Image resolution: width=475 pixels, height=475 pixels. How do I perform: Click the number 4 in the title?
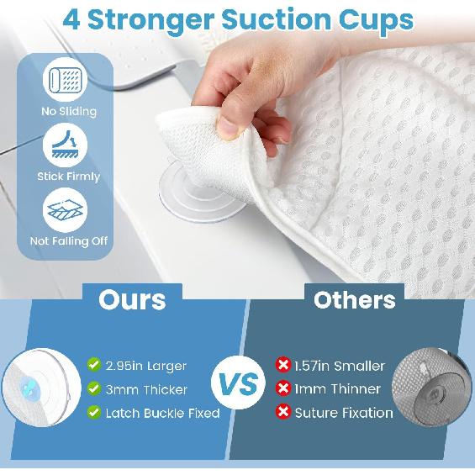73,19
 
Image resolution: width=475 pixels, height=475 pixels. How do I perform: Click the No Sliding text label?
68,111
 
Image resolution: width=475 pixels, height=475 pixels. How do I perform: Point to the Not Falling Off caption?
68,241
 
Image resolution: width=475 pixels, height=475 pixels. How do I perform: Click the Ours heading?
132,300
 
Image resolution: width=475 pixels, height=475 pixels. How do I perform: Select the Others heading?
355,300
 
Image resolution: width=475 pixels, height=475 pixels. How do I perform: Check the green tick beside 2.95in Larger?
95,365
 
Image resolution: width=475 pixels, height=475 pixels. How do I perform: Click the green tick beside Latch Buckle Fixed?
95,412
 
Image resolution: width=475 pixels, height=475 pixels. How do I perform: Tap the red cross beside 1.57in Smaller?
282,365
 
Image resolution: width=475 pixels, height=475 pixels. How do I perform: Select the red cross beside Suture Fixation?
282,412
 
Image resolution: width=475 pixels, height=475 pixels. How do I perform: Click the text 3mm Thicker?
146,389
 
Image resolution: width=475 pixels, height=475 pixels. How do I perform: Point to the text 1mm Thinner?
337,389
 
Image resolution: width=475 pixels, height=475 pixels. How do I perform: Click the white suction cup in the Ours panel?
37,389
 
